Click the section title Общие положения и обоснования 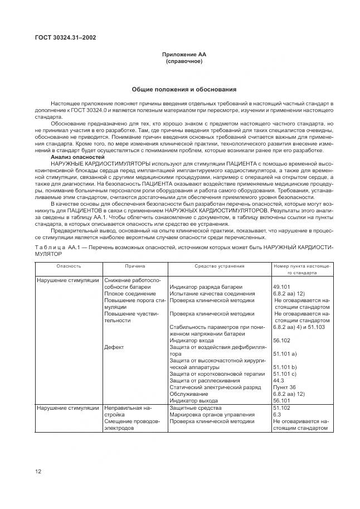[184, 89]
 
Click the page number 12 [38, 472]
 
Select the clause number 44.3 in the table [279, 380]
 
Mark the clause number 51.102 [283, 408]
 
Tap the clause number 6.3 [276, 415]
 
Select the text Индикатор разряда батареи [205, 286]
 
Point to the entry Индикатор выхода [194, 400]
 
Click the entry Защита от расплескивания [205, 380]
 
